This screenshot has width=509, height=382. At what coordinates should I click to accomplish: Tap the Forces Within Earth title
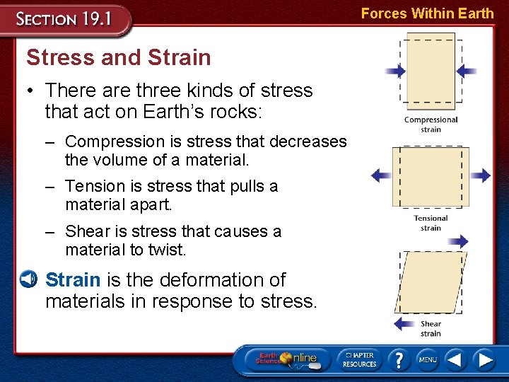(427, 13)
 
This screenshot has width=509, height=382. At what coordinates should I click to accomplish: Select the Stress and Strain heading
(118, 57)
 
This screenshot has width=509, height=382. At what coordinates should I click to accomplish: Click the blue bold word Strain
(73, 280)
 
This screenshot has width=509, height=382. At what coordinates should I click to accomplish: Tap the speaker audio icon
(28, 279)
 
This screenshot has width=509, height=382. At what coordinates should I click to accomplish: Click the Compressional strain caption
(431, 125)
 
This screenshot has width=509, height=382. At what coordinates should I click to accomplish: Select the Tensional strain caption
(431, 223)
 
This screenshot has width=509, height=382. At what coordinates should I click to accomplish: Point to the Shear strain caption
(431, 328)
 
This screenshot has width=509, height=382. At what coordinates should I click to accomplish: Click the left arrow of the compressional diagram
(395, 71)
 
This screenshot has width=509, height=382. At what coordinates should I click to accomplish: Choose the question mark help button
(399, 360)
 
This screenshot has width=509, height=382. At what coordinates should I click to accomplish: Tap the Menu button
(428, 360)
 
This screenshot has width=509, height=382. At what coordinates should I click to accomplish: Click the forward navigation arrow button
(484, 360)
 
